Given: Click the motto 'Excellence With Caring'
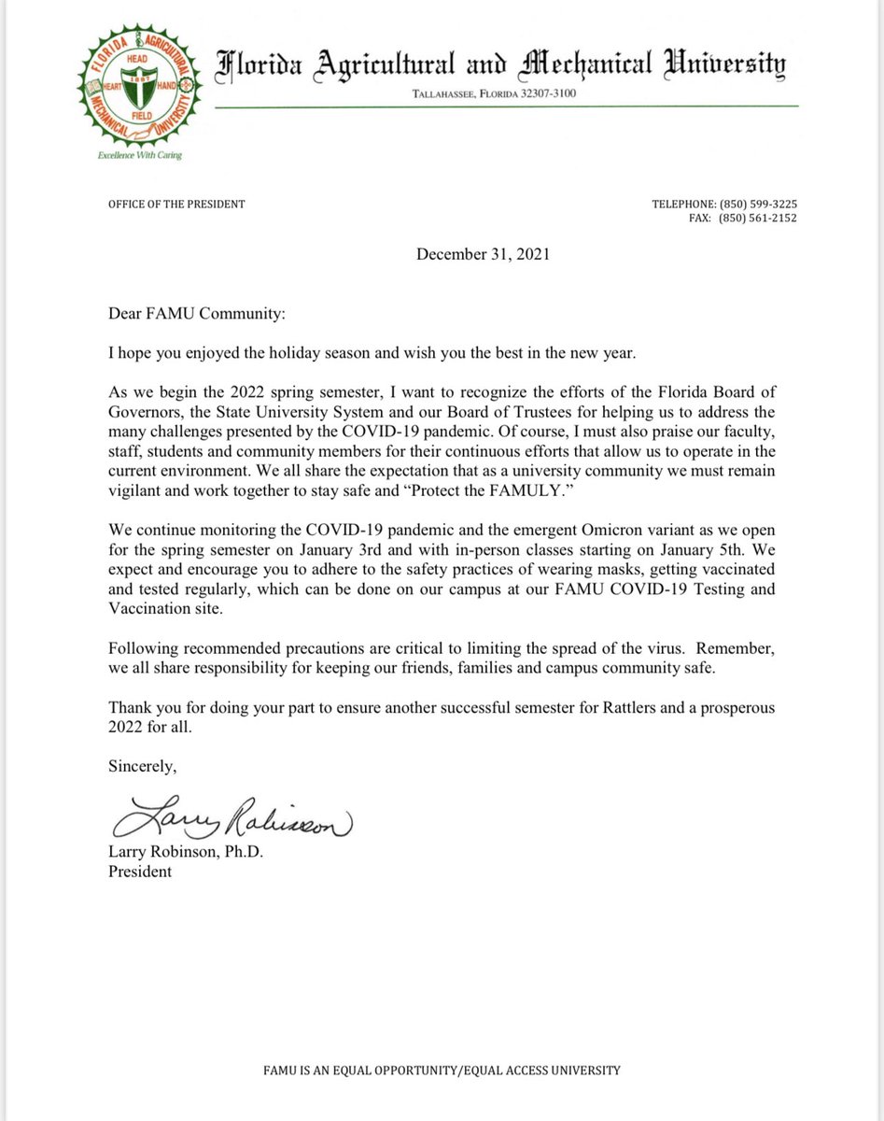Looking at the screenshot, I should [140, 155].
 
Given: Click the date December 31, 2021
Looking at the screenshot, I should [483, 254].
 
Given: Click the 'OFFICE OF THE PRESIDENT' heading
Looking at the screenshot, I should [176, 204].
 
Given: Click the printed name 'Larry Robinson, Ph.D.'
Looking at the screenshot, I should [185, 853].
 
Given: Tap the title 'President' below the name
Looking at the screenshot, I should [140, 871].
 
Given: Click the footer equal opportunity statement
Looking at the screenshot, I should [442, 1071].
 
